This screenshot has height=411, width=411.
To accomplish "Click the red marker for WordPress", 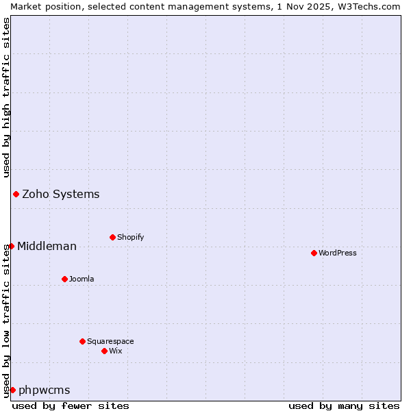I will point(314,253).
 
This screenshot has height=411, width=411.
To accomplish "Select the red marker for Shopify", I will point(112,237).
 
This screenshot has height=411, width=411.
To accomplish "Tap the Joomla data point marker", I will point(64,279).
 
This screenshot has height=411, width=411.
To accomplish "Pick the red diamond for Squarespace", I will point(82,341).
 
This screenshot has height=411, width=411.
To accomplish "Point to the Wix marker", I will point(104,351).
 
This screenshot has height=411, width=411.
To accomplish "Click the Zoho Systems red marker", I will point(16,194).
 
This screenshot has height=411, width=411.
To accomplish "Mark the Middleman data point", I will point(11,246).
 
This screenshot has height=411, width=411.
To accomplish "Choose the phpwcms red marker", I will point(12,390).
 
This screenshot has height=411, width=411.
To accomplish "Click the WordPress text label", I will point(338,253).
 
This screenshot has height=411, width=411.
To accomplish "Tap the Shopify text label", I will point(131,237).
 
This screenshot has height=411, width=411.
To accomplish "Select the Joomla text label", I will point(82,279).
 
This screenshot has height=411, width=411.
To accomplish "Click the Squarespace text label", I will point(110,341).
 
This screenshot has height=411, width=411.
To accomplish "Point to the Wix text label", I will point(116,351).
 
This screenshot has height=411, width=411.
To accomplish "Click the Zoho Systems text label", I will point(61,194).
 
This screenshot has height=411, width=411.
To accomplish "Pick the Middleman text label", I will point(47,246).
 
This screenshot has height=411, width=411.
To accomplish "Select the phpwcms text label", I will point(45,390).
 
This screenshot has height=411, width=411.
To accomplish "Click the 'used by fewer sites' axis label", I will point(71,406).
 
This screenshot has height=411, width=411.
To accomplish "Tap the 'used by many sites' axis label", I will point(344,406).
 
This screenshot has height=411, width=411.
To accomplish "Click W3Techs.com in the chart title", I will point(373,6).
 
